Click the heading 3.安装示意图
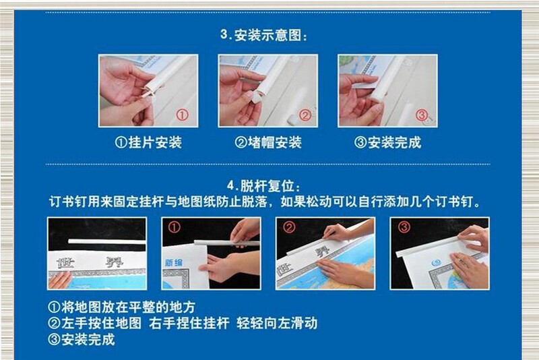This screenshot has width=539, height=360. pyautogui.click(x=264, y=35)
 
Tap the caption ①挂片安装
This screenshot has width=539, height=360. pyautogui.click(x=148, y=142)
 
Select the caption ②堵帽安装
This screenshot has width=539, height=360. pyautogui.click(x=267, y=142)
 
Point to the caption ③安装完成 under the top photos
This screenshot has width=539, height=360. pyautogui.click(x=387, y=142)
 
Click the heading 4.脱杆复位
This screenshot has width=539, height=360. pyautogui.click(x=264, y=186)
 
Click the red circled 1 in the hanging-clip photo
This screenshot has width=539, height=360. pyautogui.click(x=183, y=115)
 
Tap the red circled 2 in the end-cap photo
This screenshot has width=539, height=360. pyautogui.click(x=305, y=115)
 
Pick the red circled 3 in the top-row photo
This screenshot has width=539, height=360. pyautogui.click(x=422, y=115)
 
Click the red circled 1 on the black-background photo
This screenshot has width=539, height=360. pyautogui.click(x=174, y=227)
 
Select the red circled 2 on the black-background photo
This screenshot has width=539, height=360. pyautogui.click(x=289, y=227)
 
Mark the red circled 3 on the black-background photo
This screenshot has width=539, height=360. pyautogui.click(x=404, y=227)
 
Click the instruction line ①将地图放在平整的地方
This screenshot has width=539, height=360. pyautogui.click(x=122, y=307)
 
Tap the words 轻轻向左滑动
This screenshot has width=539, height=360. pyautogui.click(x=277, y=323)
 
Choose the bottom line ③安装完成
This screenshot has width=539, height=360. pyautogui.click(x=82, y=339)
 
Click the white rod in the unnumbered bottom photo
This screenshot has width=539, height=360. pyautogui.click(x=107, y=242)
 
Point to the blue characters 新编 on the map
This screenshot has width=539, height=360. pyautogui.click(x=174, y=263)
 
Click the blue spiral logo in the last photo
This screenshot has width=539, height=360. pyautogui.click(x=437, y=264)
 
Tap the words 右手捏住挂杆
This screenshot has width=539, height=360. pyautogui.click(x=189, y=323)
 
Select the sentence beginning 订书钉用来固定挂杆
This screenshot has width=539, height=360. pyautogui.click(x=265, y=202)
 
